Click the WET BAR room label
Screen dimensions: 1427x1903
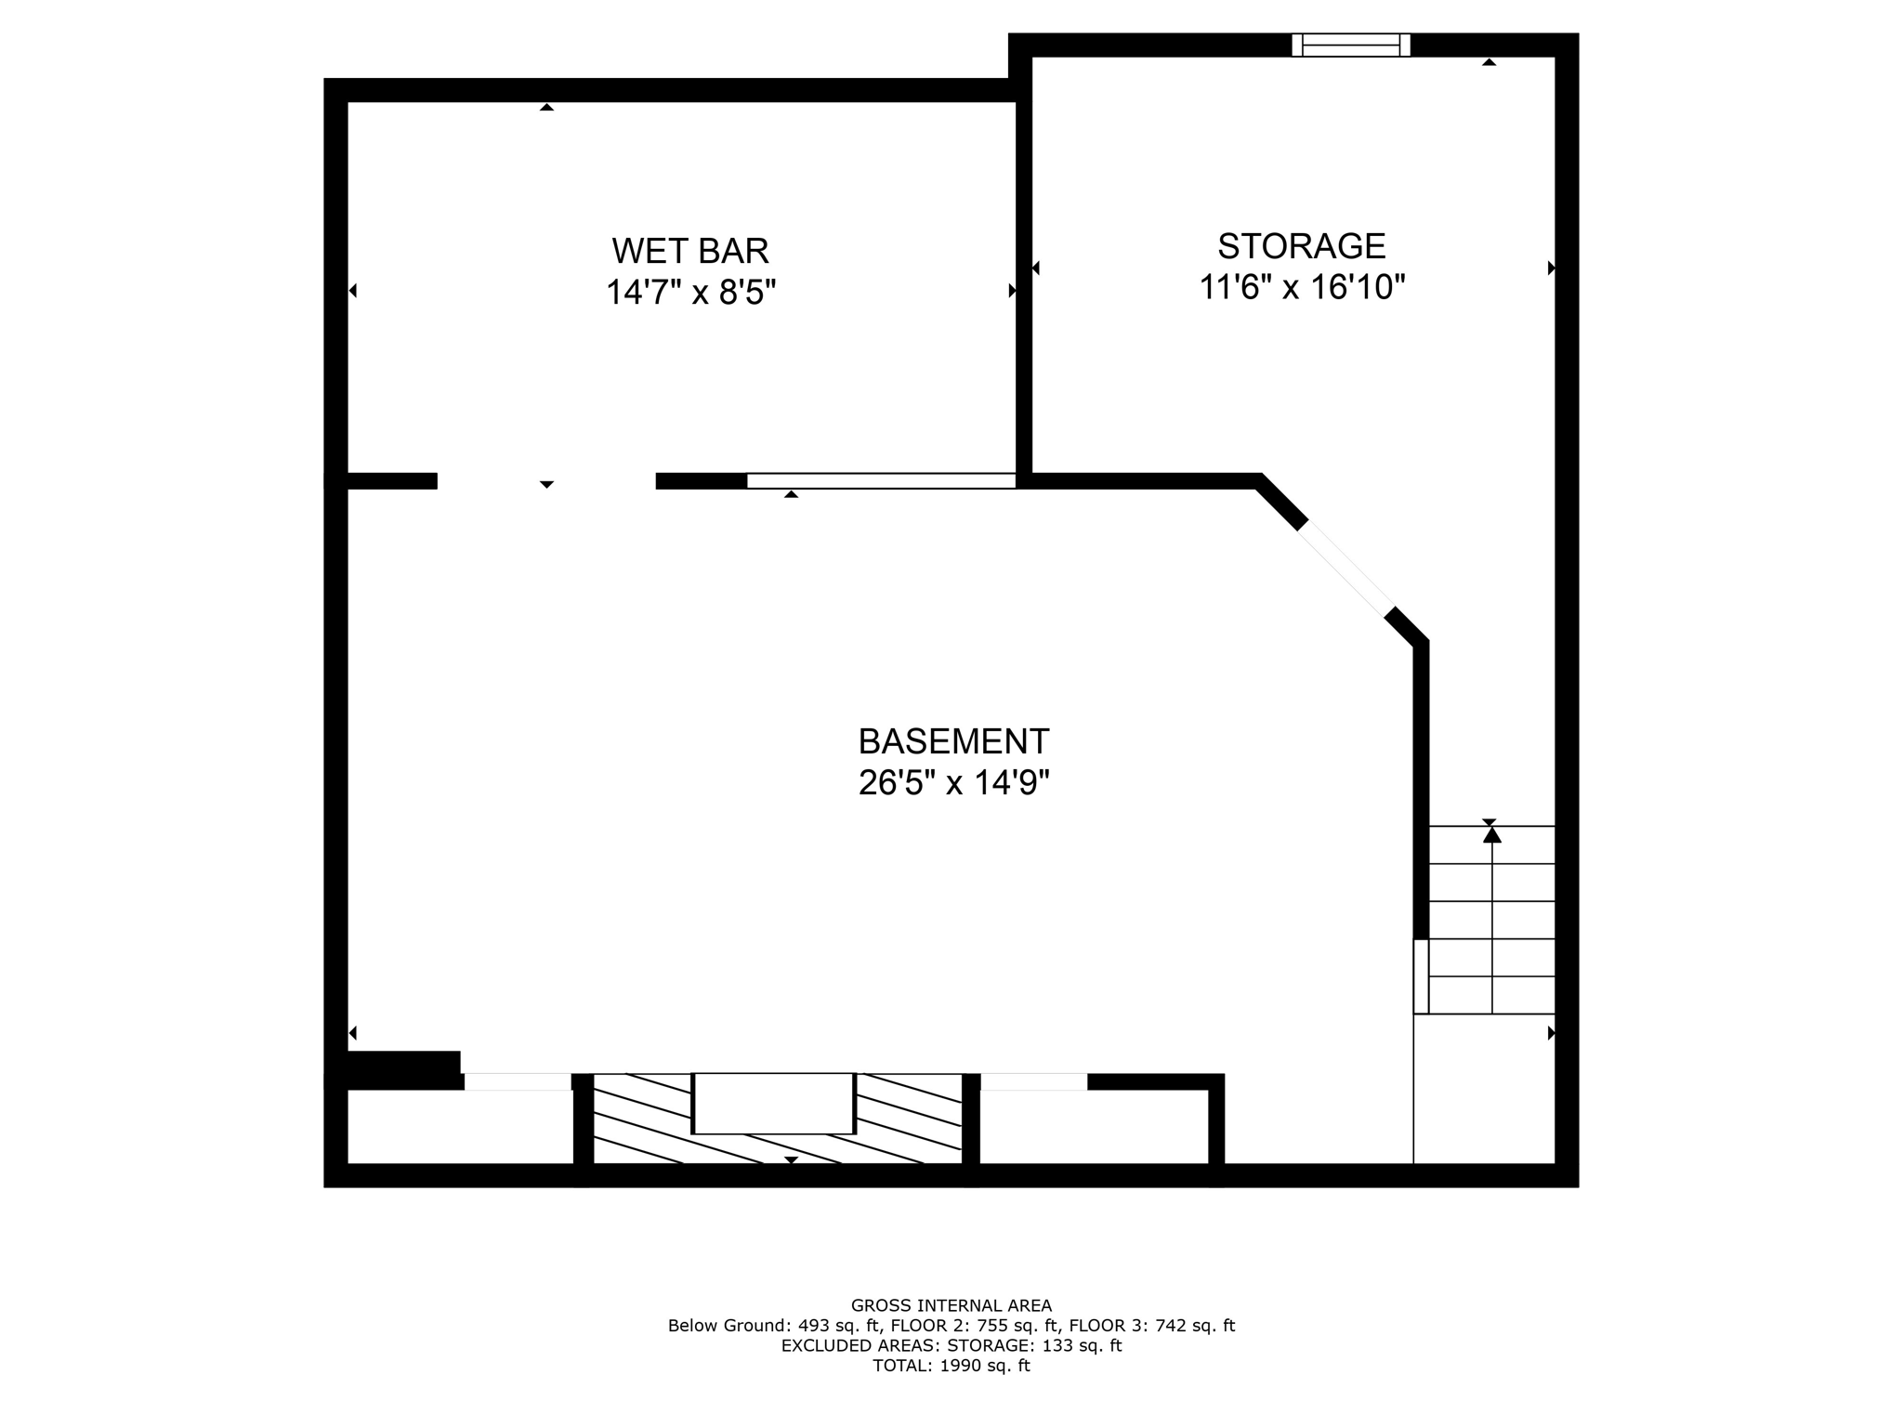(690, 251)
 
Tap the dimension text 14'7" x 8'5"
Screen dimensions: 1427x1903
(690, 293)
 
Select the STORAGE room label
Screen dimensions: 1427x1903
(1301, 246)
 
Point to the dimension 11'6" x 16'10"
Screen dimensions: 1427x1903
(1301, 287)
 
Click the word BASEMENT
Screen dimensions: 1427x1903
(953, 741)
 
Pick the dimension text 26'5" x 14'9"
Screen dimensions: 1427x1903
(953, 783)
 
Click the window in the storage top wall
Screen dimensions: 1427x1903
(1350, 45)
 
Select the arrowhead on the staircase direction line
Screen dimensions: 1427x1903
(1491, 835)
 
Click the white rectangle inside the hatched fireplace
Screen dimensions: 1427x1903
(773, 1103)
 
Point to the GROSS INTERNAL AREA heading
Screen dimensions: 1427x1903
(951, 1305)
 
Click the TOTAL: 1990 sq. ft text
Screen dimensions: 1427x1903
(951, 1366)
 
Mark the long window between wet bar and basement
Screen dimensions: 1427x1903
(881, 480)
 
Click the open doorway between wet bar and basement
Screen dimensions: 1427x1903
(546, 480)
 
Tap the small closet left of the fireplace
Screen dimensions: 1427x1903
(461, 1126)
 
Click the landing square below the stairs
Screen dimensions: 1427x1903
(1484, 1088)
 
